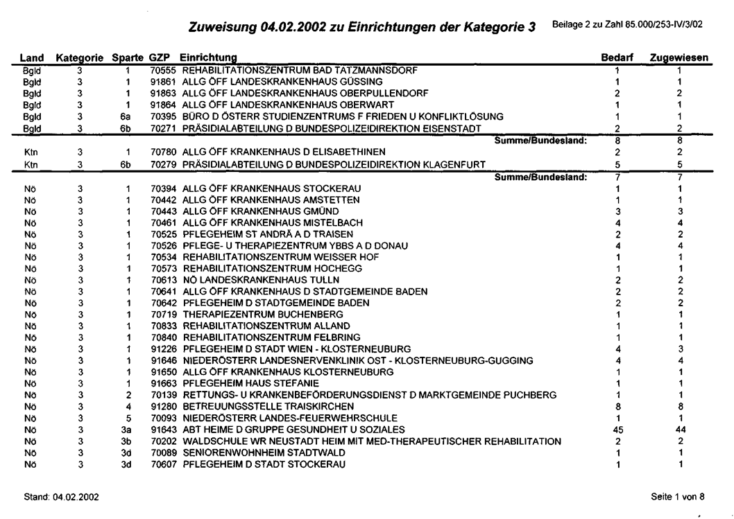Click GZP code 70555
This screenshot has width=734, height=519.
[x=163, y=70]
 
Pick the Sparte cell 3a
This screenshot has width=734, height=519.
[x=126, y=429]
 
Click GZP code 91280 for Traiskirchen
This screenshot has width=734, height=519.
[x=163, y=406]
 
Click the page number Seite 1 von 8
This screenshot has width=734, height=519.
[x=678, y=496]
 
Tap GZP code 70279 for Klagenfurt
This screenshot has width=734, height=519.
[x=163, y=164]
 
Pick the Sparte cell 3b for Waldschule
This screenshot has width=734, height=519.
[x=126, y=441]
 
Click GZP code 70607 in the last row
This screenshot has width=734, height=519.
[x=163, y=464]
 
